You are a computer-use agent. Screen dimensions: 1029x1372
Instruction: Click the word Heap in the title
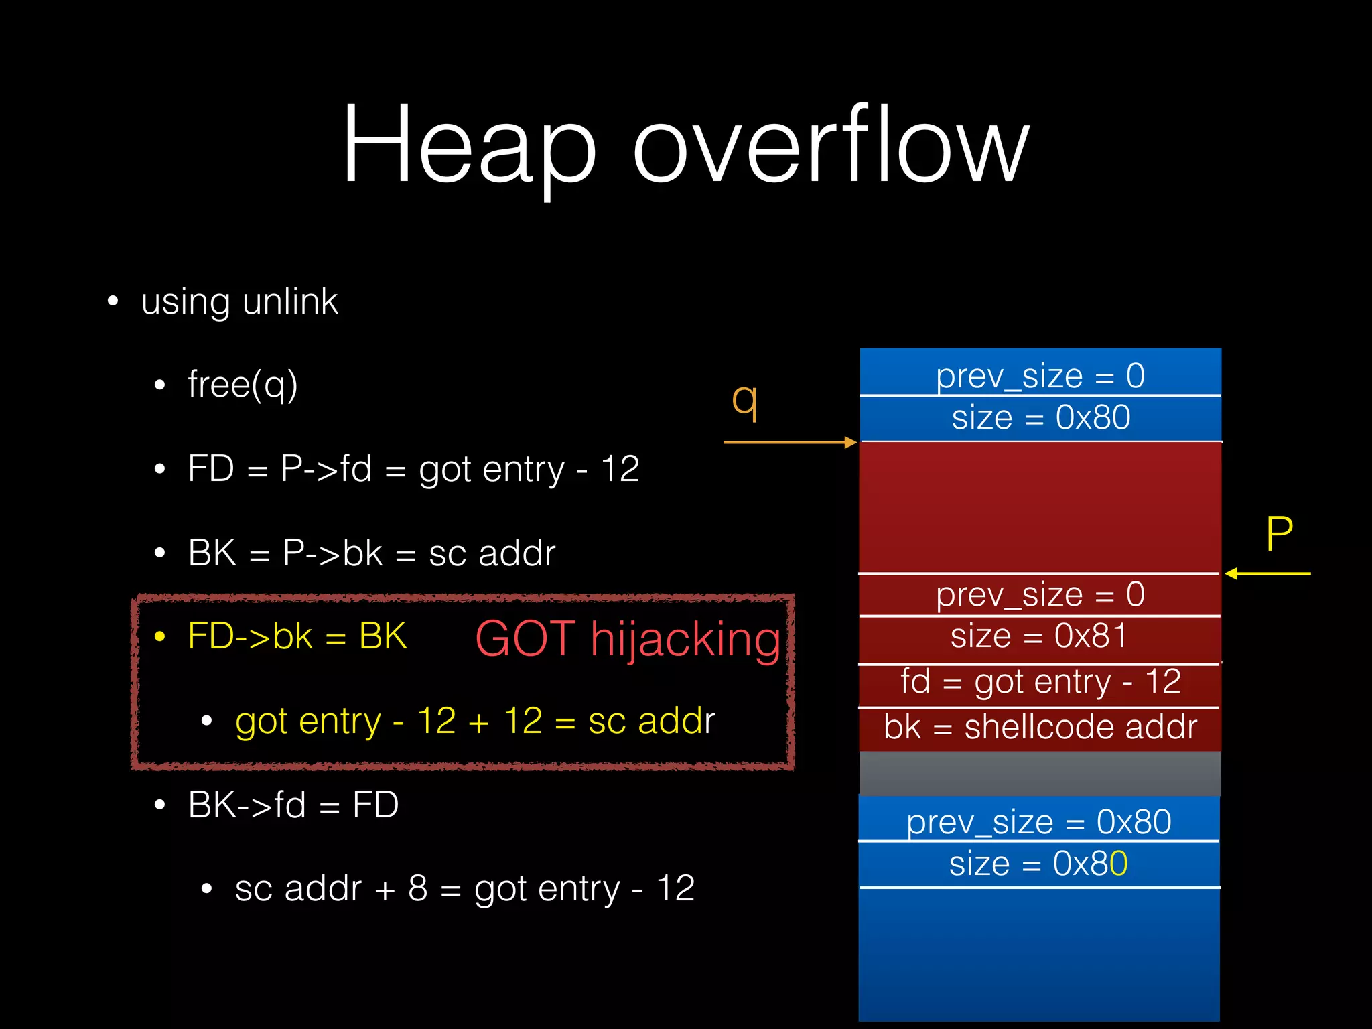coord(469,144)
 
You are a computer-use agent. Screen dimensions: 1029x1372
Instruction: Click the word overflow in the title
coord(831,144)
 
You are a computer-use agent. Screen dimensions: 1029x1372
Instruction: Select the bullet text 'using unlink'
coord(239,301)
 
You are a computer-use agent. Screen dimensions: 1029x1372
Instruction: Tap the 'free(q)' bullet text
coord(243,385)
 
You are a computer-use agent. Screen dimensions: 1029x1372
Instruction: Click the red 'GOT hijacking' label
coord(628,638)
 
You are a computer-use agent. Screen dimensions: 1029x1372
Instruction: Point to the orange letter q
coord(744,401)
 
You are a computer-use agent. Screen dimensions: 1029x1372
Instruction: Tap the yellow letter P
coord(1279,534)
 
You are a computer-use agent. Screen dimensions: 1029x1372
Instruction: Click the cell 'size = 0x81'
coord(1039,636)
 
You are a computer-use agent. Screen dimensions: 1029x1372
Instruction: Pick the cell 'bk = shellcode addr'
coord(1039,728)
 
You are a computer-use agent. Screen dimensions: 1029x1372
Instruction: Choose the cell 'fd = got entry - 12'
coord(1039,682)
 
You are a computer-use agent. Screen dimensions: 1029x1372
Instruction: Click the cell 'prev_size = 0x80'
coord(1039,822)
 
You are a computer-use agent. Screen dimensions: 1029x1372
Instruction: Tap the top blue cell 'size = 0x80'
coord(1040,418)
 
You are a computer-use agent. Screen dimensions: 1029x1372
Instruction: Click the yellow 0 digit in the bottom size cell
coord(1119,864)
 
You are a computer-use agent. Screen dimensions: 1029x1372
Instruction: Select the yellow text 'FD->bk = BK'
coord(297,636)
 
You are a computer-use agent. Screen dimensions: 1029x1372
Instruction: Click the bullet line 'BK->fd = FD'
coord(293,805)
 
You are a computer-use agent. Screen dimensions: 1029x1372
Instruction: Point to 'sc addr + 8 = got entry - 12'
coord(464,889)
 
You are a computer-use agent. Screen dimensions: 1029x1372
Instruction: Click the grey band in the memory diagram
coord(1039,772)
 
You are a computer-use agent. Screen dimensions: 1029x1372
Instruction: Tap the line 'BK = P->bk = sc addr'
coord(372,553)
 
